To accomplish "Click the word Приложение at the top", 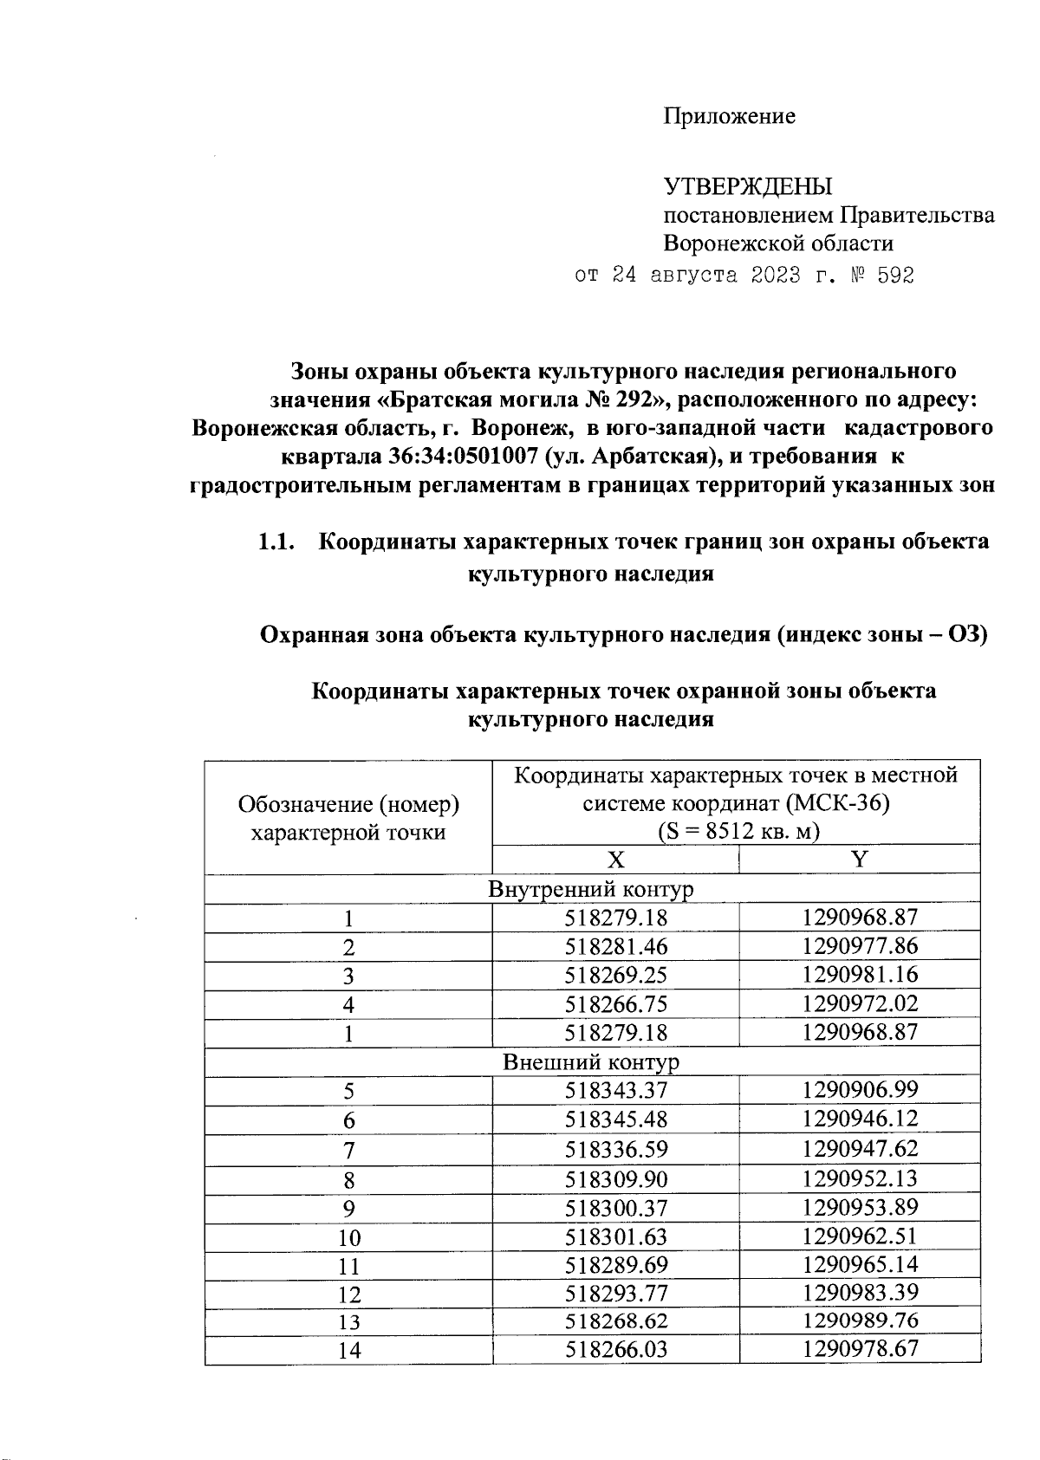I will tap(729, 116).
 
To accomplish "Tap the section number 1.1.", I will tap(276, 542).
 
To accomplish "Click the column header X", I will tap(615, 860).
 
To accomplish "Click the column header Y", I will tap(859, 860).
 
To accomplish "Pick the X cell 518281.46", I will tap(615, 946).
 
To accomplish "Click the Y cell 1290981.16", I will tap(859, 975).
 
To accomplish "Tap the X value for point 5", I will tap(615, 1090).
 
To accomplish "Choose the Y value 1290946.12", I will tap(859, 1119).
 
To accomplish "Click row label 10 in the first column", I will tap(348, 1237).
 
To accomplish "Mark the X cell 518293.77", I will tap(615, 1294).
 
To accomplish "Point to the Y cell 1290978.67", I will tap(859, 1349).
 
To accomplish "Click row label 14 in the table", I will tap(348, 1350).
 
